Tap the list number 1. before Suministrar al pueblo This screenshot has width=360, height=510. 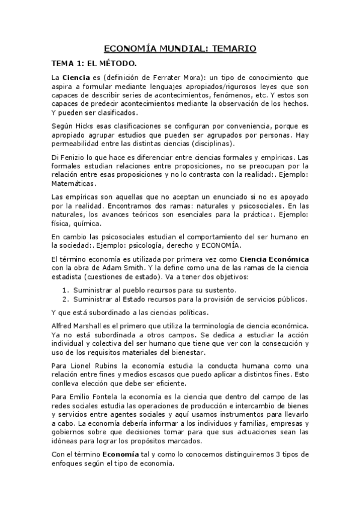67,290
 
